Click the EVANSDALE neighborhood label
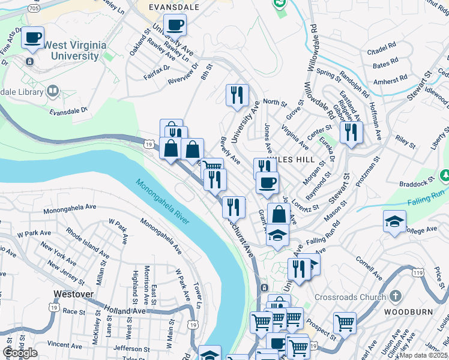[x=175, y=7]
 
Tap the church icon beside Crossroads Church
[x=395, y=296]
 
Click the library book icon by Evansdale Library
[x=52, y=91]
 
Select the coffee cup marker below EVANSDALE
[x=175, y=25]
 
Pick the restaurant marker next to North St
[x=237, y=95]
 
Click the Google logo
[x=20, y=352]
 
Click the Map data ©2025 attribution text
[x=424, y=355]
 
